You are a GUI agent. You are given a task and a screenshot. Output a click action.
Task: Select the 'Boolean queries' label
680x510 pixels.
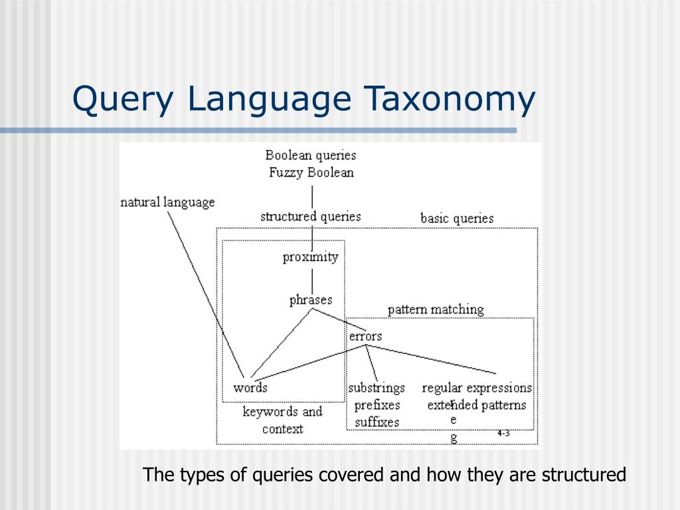tap(311, 155)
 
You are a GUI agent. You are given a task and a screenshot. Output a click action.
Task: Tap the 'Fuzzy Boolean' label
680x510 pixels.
tap(311, 173)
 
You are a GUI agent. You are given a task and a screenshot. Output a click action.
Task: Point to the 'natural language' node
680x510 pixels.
tap(167, 203)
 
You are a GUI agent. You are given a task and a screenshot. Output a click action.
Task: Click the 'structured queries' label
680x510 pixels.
tap(310, 216)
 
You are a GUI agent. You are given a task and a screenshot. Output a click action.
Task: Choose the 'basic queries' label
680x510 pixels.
tap(457, 218)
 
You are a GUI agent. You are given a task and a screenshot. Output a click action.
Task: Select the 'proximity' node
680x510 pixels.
tap(310, 257)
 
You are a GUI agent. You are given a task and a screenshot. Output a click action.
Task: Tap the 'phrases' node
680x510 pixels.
tap(310, 300)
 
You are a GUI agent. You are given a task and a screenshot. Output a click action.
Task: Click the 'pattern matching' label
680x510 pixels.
tap(436, 309)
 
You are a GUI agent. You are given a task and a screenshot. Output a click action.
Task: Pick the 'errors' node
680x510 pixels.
tap(365, 336)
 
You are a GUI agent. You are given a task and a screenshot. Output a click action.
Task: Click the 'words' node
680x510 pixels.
tap(250, 388)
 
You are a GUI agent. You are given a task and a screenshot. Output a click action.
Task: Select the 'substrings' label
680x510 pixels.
tap(377, 388)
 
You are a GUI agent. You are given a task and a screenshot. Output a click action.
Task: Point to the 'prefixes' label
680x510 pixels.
tap(377, 405)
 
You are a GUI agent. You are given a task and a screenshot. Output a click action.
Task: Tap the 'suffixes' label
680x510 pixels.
tap(377, 422)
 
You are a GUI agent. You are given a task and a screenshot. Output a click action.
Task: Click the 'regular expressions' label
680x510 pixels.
tap(477, 388)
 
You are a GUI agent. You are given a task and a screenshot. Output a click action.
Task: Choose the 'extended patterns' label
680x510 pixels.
tap(477, 405)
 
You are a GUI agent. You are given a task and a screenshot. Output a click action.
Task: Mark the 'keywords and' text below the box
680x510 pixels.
tap(282, 412)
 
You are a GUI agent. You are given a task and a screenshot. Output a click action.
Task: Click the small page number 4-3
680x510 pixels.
tap(503, 433)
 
